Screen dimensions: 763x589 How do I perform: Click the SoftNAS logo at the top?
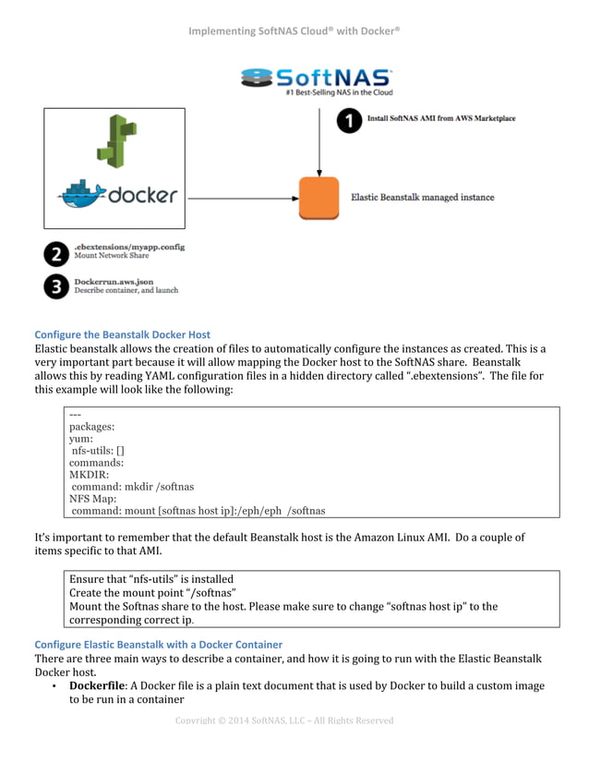[316, 80]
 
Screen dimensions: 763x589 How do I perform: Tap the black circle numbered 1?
[349, 120]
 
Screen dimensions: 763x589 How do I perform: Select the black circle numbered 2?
[57, 253]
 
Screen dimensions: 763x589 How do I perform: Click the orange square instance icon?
[319, 198]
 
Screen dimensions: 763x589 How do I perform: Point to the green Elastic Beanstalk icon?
[115, 141]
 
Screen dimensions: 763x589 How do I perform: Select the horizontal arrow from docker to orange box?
[240, 197]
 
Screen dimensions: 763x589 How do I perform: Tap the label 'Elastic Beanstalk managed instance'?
[422, 197]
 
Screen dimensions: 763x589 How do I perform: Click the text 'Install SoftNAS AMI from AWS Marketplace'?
[441, 119]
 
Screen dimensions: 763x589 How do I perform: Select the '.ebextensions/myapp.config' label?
[129, 247]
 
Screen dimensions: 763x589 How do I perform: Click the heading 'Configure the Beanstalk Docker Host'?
[122, 334]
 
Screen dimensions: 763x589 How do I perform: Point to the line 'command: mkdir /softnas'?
[132, 486]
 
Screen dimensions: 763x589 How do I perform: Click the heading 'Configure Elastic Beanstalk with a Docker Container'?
[158, 644]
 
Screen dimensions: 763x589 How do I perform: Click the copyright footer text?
[284, 721]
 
